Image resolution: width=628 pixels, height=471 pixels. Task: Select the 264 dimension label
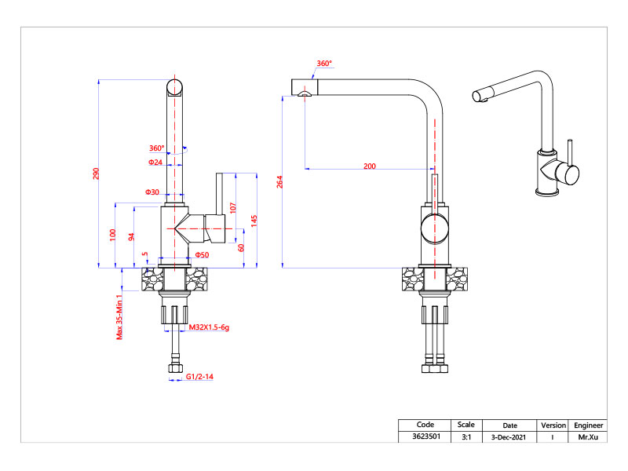(x=279, y=182)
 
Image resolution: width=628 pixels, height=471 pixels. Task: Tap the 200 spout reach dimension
(x=370, y=166)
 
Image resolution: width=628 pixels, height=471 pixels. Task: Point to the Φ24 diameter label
(x=155, y=162)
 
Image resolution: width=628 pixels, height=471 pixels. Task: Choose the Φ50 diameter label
(x=203, y=255)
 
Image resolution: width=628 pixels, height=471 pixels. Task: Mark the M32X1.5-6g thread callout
(x=209, y=327)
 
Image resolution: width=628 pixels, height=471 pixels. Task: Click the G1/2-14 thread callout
(x=200, y=378)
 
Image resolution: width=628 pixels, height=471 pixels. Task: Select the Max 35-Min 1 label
(x=119, y=316)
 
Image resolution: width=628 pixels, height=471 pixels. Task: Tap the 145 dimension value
(x=254, y=221)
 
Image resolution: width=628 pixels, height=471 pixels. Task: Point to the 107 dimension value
(x=233, y=208)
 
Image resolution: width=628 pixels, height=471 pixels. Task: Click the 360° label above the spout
(x=324, y=64)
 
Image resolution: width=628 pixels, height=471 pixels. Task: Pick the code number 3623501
(x=425, y=436)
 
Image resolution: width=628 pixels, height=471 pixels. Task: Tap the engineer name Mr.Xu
(x=589, y=436)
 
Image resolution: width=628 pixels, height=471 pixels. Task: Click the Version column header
(x=553, y=425)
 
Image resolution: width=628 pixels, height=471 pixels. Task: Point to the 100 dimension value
(x=113, y=234)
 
